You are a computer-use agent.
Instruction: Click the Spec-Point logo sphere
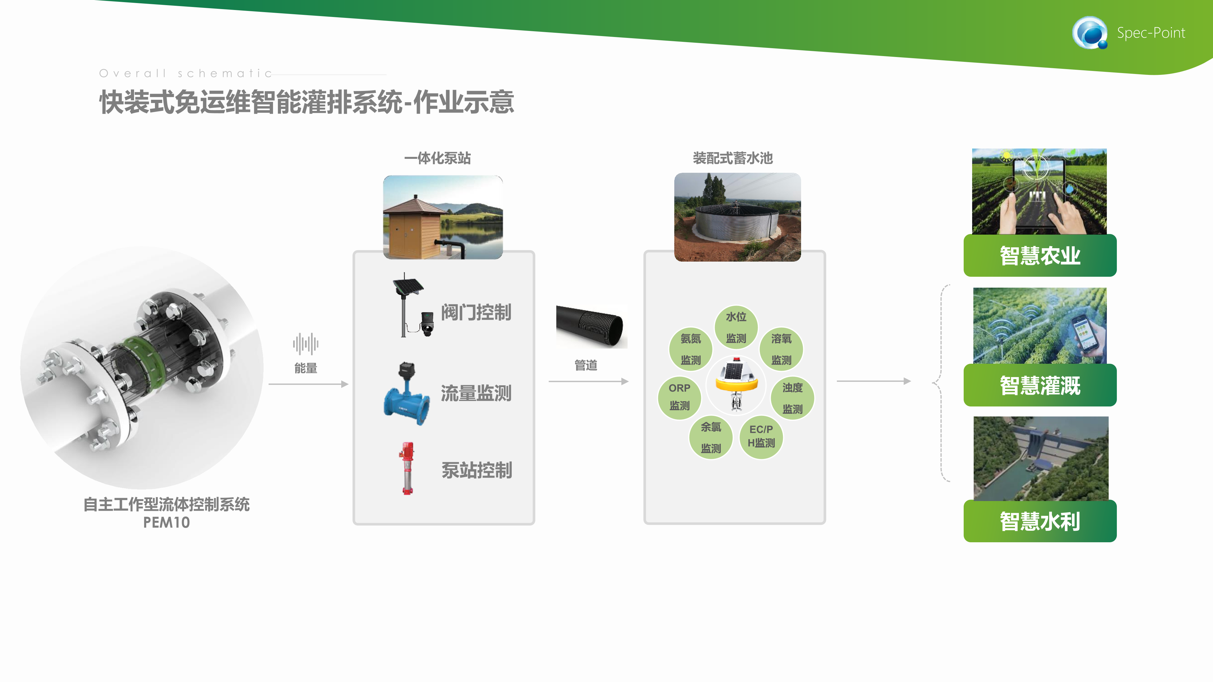(x=1090, y=32)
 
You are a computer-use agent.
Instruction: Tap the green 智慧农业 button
(x=1040, y=256)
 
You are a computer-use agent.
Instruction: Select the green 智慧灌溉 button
(x=1040, y=385)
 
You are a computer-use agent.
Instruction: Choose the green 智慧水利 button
(x=1040, y=521)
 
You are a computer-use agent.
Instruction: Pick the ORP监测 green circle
(x=679, y=397)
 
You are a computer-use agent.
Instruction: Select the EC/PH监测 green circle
(x=761, y=437)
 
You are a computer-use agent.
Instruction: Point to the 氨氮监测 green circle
(x=691, y=349)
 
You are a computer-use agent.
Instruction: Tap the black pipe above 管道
(x=591, y=326)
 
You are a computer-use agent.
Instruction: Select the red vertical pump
(x=407, y=468)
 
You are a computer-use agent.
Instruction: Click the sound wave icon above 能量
(x=306, y=344)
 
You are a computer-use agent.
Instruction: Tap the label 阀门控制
(x=476, y=312)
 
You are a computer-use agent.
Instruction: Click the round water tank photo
(x=737, y=217)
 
